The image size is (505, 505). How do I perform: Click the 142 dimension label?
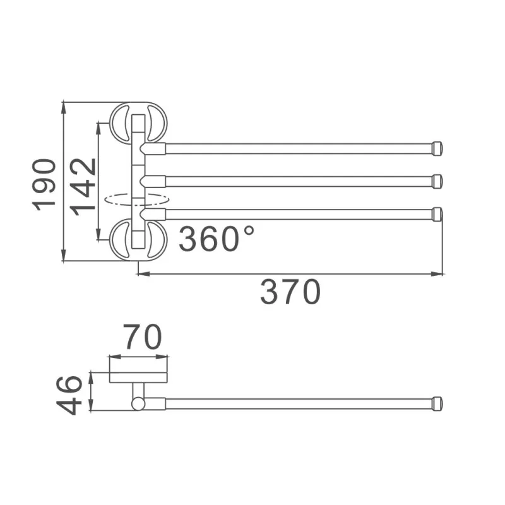coord(84,186)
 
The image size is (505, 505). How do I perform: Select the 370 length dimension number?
coord(290,292)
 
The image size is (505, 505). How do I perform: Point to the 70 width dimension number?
coord(142,337)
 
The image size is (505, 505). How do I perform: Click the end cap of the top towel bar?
coord(437,148)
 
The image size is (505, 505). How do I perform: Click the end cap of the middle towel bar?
coord(437,181)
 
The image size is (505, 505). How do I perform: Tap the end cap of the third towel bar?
coord(437,214)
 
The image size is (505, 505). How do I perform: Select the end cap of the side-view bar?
coord(437,404)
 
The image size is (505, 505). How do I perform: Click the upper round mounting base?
coord(138,121)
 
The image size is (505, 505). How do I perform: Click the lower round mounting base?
coord(138,240)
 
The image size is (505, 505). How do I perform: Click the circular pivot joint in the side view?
coord(138,403)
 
